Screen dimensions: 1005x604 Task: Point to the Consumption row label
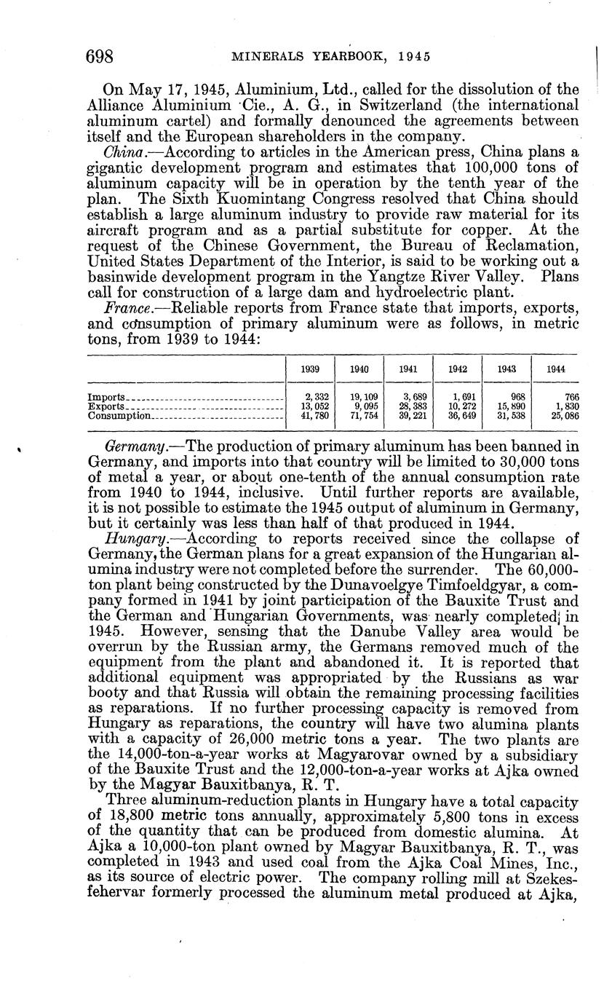click(119, 416)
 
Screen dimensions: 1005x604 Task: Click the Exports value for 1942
click(457, 406)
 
